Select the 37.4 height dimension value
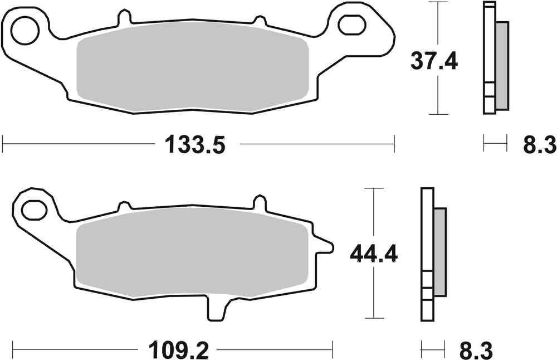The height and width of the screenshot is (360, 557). [x=434, y=60]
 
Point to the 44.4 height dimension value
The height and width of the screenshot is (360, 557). [x=373, y=255]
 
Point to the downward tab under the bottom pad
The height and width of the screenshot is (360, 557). [x=218, y=309]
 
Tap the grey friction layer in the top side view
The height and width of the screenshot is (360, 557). [x=501, y=64]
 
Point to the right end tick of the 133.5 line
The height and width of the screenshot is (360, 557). [x=394, y=144]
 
